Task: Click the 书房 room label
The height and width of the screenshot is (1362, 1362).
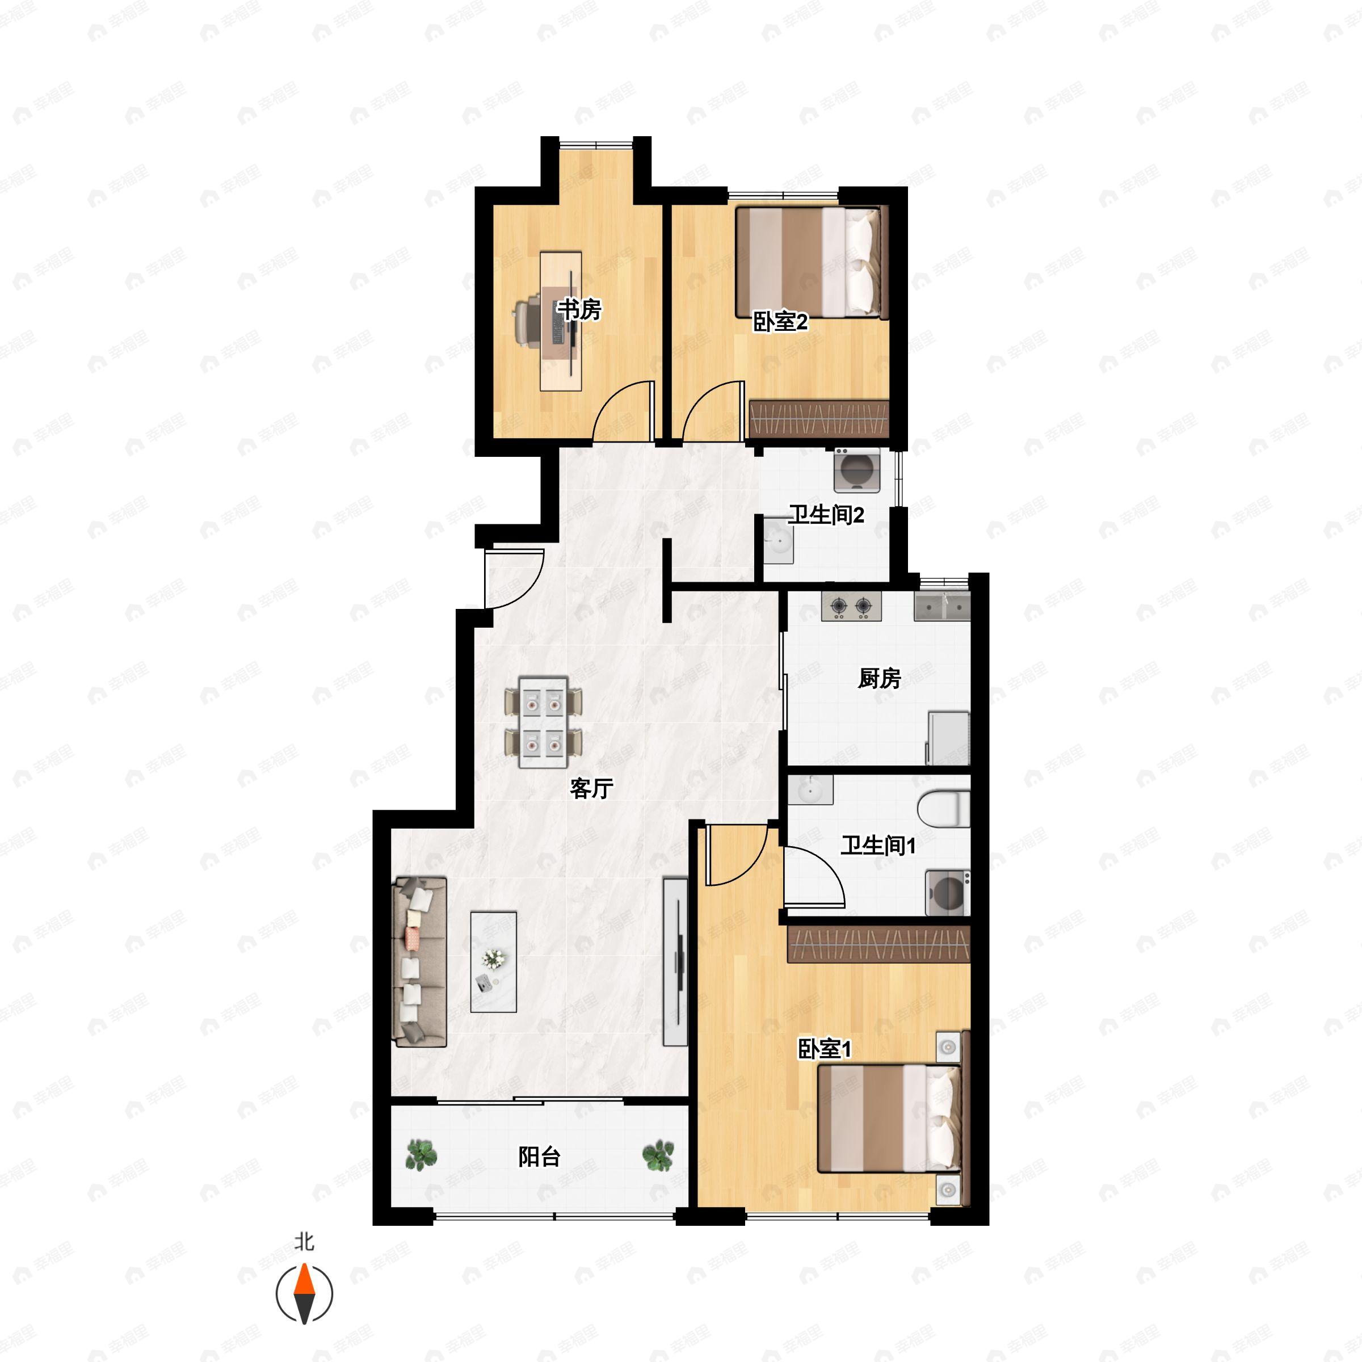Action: (579, 309)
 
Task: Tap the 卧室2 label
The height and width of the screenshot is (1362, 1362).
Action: (780, 322)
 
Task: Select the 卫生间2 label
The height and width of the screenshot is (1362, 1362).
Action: (826, 515)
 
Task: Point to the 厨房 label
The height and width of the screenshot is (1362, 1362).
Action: (879, 678)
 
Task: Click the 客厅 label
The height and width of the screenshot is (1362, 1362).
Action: (591, 788)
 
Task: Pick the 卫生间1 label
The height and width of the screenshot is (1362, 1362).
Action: (878, 845)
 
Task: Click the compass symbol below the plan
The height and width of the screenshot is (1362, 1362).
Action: (304, 1294)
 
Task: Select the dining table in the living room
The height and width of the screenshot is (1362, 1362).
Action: (544, 722)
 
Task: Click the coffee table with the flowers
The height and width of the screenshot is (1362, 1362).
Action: (494, 961)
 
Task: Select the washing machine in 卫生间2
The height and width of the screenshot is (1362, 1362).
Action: (857, 470)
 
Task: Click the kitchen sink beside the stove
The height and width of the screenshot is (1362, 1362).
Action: (942, 606)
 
